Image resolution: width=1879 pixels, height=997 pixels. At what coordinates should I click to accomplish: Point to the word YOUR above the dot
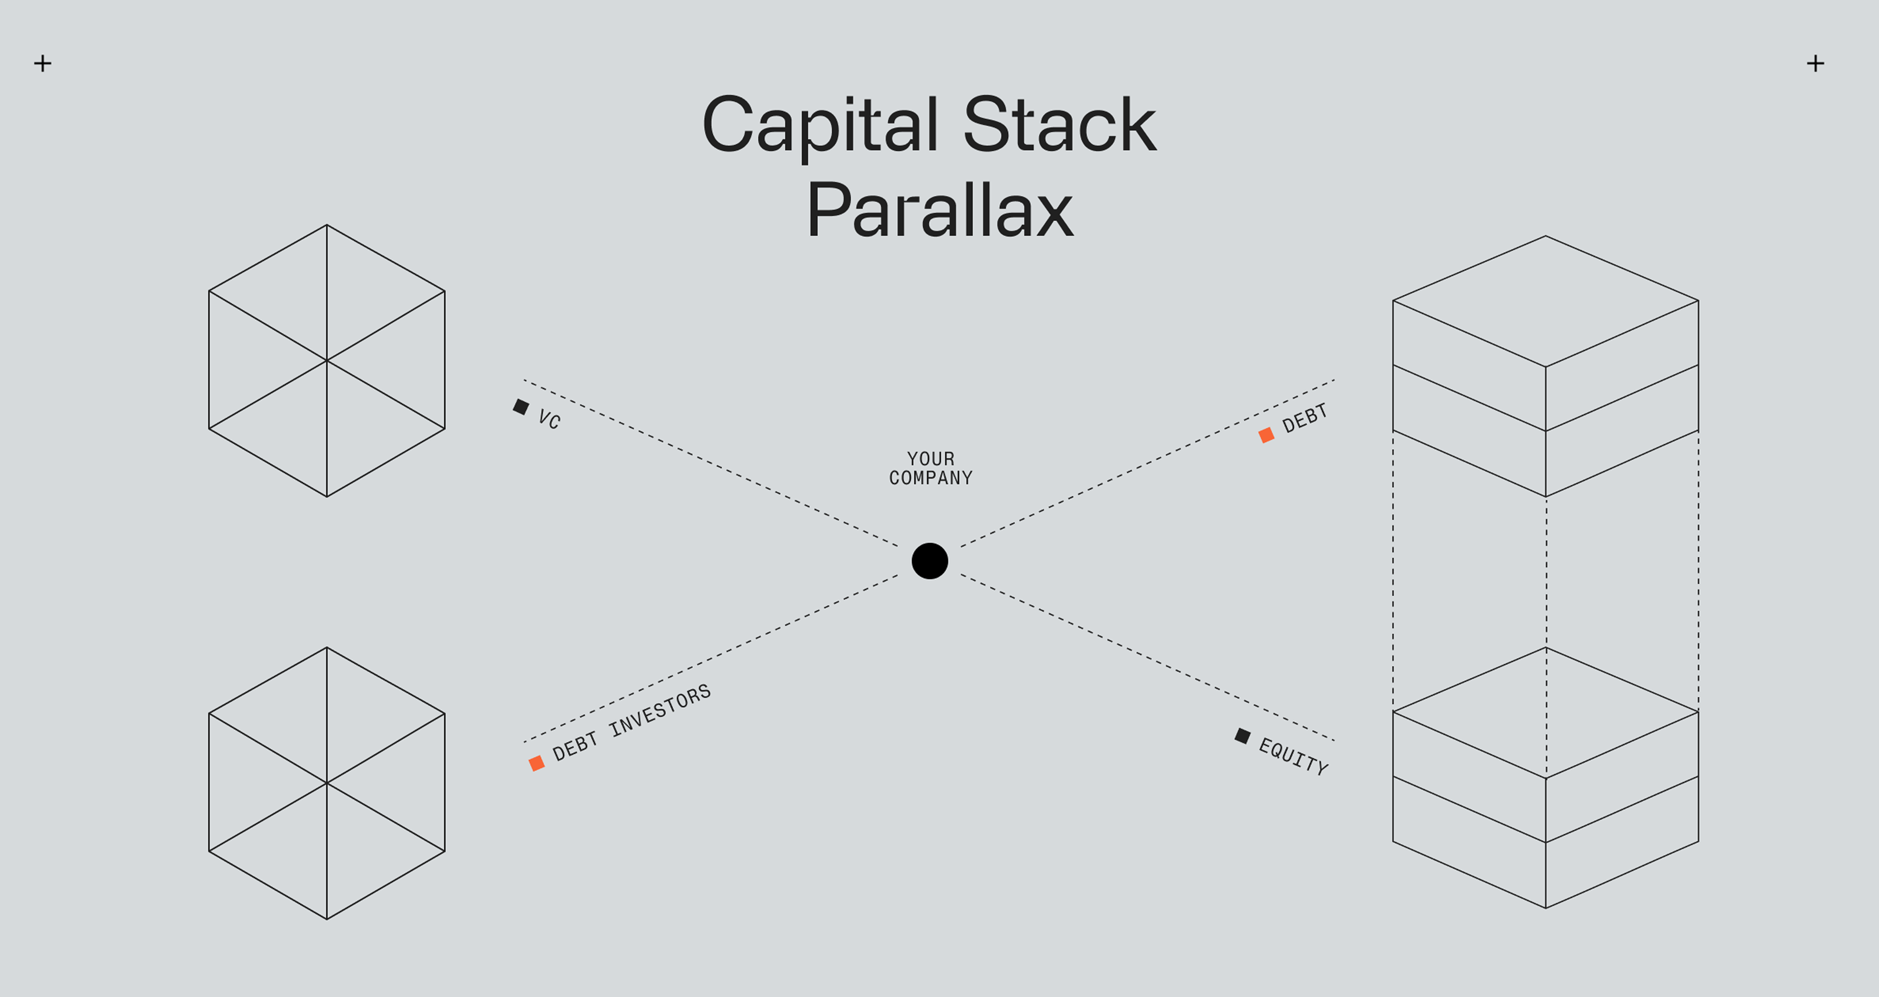pos(931,459)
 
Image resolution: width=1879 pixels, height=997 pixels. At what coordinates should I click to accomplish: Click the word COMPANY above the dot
pos(931,478)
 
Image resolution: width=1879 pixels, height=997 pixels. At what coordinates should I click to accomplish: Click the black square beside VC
pos(521,406)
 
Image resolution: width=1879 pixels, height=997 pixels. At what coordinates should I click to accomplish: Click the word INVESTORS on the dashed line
pos(660,711)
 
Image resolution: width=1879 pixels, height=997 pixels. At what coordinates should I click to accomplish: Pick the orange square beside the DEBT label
pos(1266,436)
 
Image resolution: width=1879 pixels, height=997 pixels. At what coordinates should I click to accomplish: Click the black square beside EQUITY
pos(1242,736)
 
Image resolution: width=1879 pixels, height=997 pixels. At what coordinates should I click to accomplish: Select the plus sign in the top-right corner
pos(1816,63)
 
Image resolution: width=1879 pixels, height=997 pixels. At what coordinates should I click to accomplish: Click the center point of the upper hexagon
pos(327,360)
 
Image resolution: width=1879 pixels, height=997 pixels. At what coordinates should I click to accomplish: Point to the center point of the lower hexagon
pos(327,783)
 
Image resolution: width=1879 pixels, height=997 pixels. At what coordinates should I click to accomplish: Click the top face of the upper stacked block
pos(1546,301)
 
